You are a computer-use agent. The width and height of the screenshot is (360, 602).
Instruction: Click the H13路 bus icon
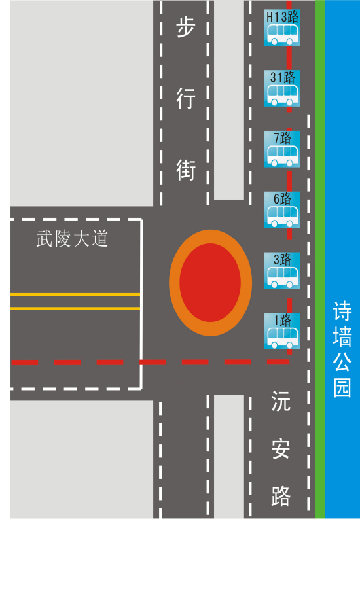click(x=282, y=27)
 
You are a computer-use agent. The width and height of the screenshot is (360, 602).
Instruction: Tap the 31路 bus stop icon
click(x=282, y=88)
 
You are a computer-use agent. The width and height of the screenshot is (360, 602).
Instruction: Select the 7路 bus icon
click(x=282, y=149)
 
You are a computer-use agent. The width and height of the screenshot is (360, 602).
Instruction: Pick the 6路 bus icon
click(x=282, y=209)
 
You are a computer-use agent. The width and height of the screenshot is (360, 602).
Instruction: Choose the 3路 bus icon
click(x=282, y=270)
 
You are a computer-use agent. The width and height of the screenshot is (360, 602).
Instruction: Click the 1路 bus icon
click(x=282, y=331)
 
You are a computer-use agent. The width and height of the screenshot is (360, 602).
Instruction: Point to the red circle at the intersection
click(x=210, y=283)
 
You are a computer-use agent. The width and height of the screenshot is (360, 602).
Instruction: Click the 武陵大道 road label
click(x=72, y=238)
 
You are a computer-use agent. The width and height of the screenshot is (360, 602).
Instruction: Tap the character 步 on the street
click(x=186, y=27)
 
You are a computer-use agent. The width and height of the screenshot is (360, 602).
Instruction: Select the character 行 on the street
click(x=186, y=98)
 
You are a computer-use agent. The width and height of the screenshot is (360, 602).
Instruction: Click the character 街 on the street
click(x=186, y=170)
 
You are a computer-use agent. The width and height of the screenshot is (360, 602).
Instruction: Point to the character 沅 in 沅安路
click(x=281, y=401)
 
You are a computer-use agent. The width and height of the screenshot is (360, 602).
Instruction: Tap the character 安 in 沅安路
click(x=281, y=449)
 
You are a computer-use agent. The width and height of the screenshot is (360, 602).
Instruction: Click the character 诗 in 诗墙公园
click(x=342, y=311)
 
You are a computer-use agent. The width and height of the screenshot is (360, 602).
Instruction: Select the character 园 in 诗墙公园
click(x=342, y=387)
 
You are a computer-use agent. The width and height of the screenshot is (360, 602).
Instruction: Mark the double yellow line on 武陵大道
click(x=75, y=302)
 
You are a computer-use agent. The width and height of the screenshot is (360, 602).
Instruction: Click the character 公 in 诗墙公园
click(x=342, y=362)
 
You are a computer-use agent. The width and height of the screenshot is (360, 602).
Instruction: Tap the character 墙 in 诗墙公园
click(x=342, y=337)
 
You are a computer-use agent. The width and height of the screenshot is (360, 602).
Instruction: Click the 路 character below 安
click(x=281, y=496)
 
